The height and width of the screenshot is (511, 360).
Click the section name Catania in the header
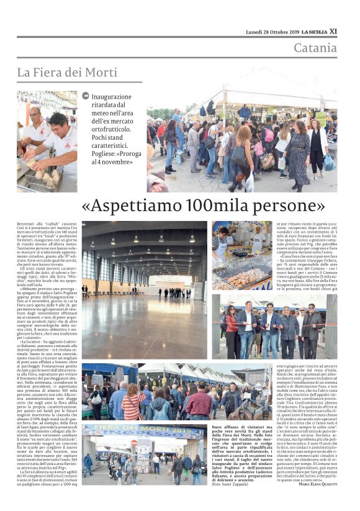pyautogui.click(x=315, y=48)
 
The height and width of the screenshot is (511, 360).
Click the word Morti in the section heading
pyautogui.click(x=101, y=73)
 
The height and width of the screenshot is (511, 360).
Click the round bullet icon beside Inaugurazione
pyautogui.click(x=85, y=96)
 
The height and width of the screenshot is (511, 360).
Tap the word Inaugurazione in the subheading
pyautogui.click(x=112, y=97)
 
